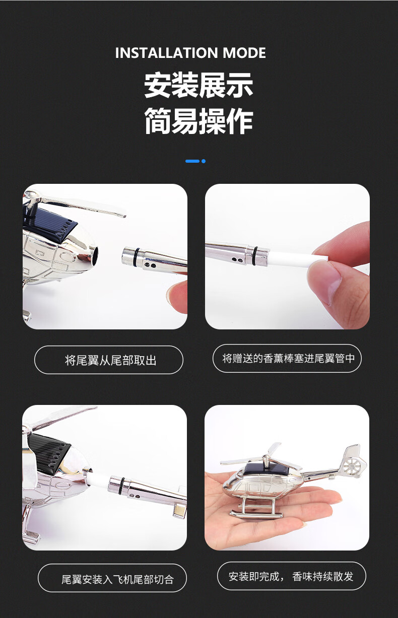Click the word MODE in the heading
[x=244, y=53]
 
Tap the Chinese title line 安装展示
[x=198, y=85]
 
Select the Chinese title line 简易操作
[x=198, y=121]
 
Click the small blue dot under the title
[x=204, y=161]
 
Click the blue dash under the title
[x=192, y=161]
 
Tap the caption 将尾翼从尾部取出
[x=111, y=360]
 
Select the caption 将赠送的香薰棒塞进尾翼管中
[x=288, y=359]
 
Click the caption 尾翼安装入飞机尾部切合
[x=117, y=579]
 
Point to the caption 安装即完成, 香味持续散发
[x=291, y=576]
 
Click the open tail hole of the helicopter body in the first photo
[x=95, y=256]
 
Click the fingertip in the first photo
[x=177, y=295]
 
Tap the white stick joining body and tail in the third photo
[x=99, y=478]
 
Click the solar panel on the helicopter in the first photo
[x=50, y=223]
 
